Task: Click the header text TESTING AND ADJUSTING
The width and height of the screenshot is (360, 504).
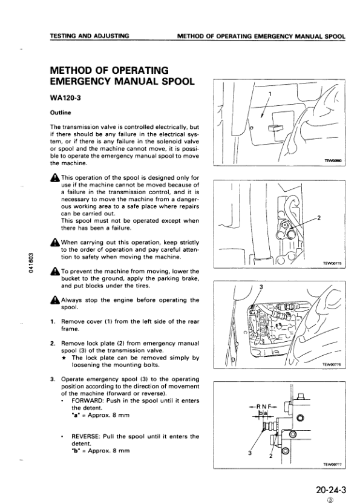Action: click(90, 36)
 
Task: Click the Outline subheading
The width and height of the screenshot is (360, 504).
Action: click(60, 113)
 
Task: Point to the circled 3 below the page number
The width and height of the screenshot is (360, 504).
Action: click(329, 499)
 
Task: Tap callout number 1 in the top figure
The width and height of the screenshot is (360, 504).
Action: click(269, 94)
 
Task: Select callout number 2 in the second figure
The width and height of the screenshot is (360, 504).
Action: click(319, 218)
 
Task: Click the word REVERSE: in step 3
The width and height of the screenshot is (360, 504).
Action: click(87, 436)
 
